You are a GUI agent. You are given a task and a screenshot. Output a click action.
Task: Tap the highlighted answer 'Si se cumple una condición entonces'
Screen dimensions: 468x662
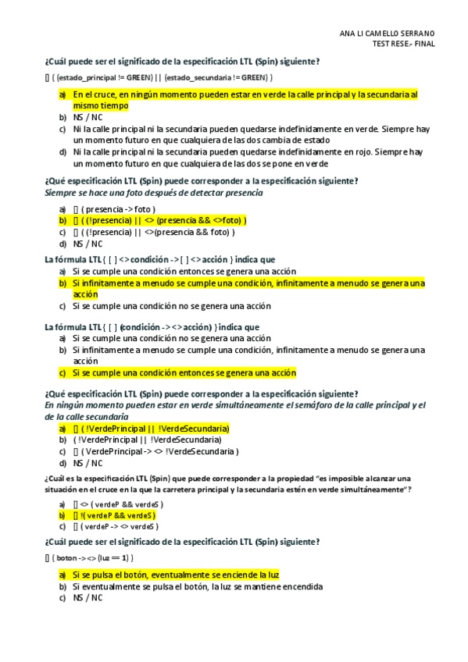pos(184,373)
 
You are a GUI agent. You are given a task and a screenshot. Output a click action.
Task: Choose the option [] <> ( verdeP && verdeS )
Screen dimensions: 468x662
pos(118,504)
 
